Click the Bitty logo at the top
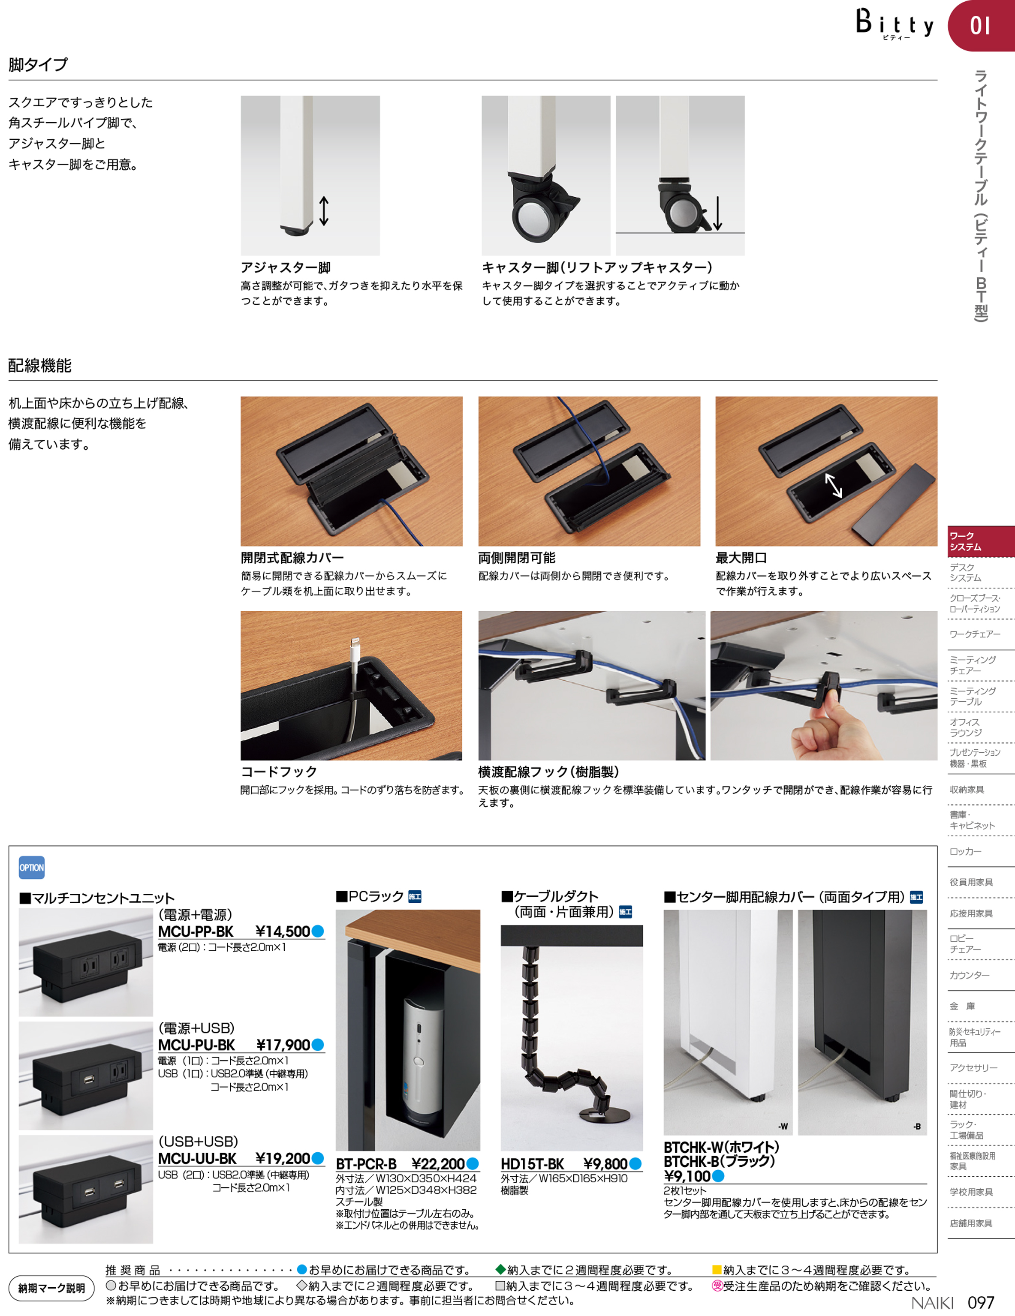(x=895, y=24)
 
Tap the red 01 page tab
(x=981, y=25)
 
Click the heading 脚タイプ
(x=38, y=64)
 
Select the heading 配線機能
(x=40, y=365)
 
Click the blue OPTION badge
(x=31, y=868)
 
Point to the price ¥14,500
(x=282, y=931)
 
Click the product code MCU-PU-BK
(x=196, y=1045)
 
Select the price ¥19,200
(x=282, y=1158)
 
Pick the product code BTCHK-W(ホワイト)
(x=721, y=1147)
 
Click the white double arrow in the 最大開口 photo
(x=834, y=485)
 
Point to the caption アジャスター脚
(x=286, y=267)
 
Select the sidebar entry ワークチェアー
(x=975, y=634)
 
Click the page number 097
(x=981, y=1302)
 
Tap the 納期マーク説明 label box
(x=51, y=1288)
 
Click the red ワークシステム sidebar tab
(x=981, y=541)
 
